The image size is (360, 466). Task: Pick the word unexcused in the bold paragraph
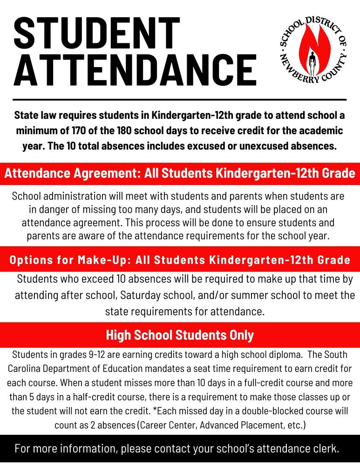261,145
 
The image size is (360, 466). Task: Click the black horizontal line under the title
180,100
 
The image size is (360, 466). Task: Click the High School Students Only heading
180,335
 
